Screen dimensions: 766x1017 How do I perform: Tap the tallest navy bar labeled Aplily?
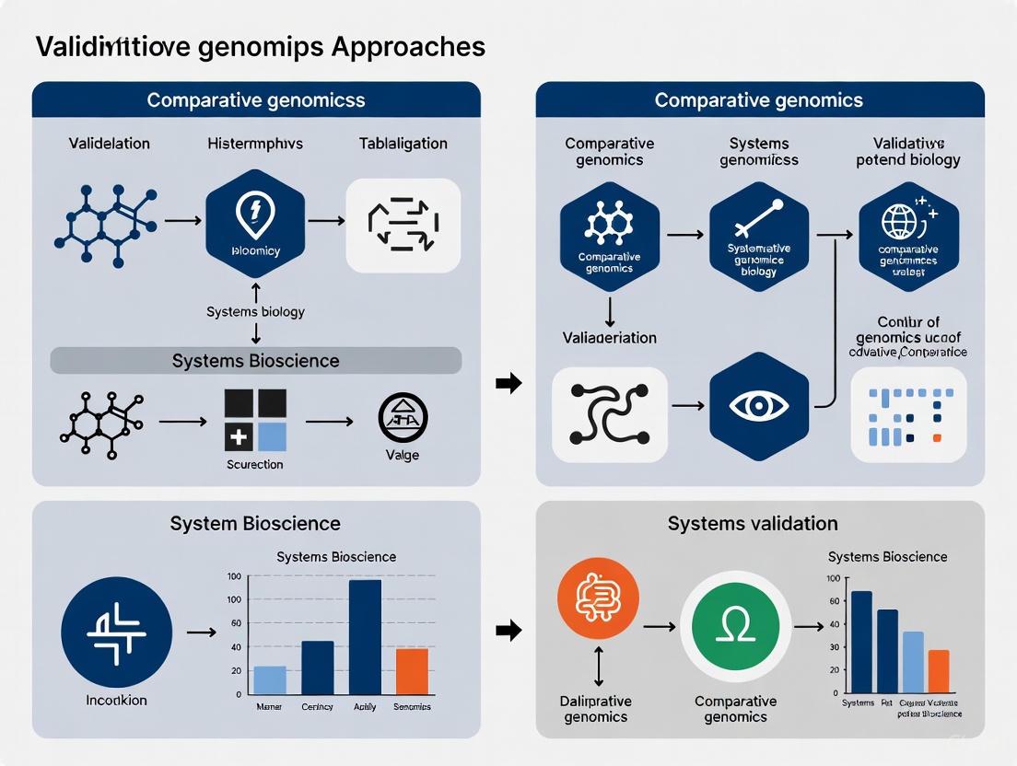tap(365, 636)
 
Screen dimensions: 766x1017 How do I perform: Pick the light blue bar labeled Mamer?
tap(270, 679)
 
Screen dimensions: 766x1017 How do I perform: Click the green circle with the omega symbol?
tap(736, 626)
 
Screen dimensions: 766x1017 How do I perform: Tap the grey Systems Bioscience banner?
tap(256, 361)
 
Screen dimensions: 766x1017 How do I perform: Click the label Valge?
tap(403, 455)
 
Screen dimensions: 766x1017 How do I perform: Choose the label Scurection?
tap(255, 464)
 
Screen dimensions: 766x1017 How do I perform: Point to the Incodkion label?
tap(116, 701)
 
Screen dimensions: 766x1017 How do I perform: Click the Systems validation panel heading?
tap(753, 524)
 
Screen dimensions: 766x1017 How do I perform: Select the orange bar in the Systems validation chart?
tap(938, 671)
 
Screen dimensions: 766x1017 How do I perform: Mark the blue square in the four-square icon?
tap(272, 437)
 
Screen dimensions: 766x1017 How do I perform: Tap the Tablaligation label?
tap(403, 144)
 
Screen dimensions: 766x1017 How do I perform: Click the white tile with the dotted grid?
tap(909, 414)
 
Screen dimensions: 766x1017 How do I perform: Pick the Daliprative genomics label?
tap(595, 709)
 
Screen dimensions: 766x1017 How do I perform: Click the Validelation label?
tap(110, 144)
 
